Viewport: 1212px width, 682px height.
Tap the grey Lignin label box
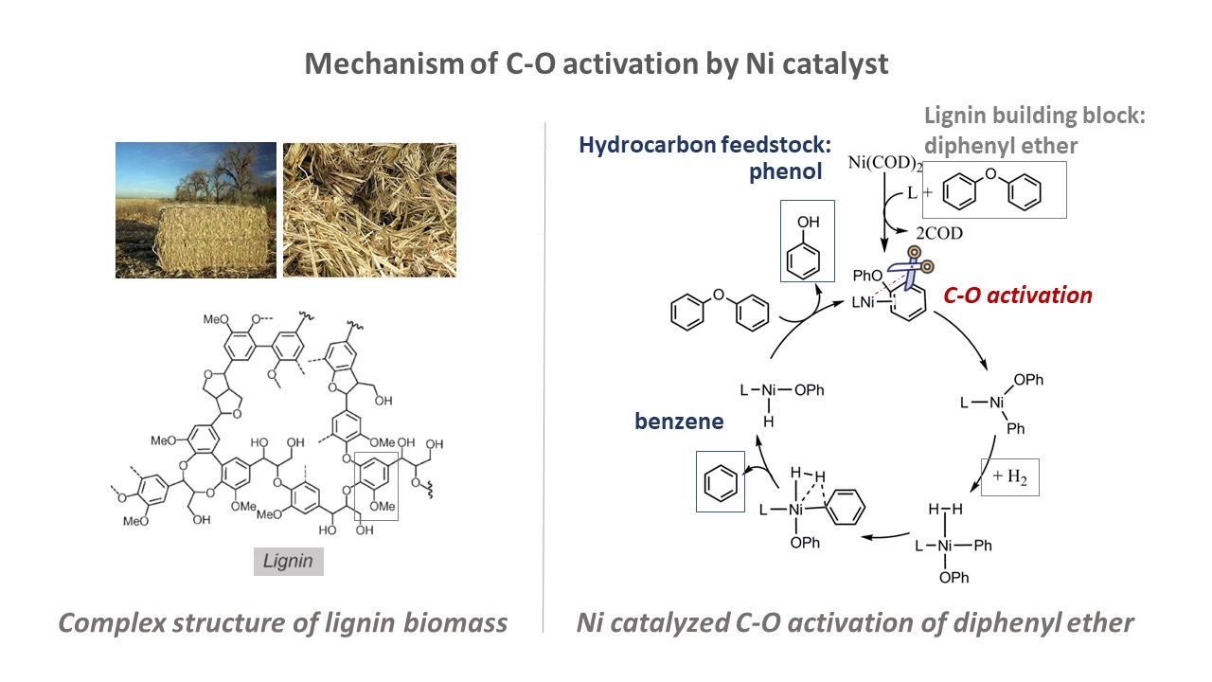[x=289, y=562]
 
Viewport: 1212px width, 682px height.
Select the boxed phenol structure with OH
[x=808, y=241]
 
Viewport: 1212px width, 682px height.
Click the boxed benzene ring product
[x=721, y=482]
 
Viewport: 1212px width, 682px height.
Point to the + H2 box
[x=1010, y=476]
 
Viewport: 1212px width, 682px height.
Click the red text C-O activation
[x=1018, y=296]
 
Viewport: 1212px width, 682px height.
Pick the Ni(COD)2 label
[x=884, y=163]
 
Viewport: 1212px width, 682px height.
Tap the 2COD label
[x=939, y=233]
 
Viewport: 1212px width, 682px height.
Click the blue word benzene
[x=679, y=422]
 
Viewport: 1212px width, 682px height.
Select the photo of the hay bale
[x=196, y=210]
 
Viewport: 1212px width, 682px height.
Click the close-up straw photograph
[x=369, y=210]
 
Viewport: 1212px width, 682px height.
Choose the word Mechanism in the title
[x=384, y=63]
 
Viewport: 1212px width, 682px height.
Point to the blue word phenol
[x=785, y=172]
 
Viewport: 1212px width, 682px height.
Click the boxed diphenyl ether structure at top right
[x=994, y=190]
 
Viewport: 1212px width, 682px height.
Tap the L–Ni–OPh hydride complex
[x=782, y=404]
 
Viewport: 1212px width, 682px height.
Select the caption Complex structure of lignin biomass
[x=282, y=623]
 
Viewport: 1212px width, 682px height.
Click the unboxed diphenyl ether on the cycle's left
[x=720, y=310]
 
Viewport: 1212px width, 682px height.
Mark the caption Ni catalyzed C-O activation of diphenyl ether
[x=855, y=623]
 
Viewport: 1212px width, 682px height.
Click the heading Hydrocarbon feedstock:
[x=705, y=145]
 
